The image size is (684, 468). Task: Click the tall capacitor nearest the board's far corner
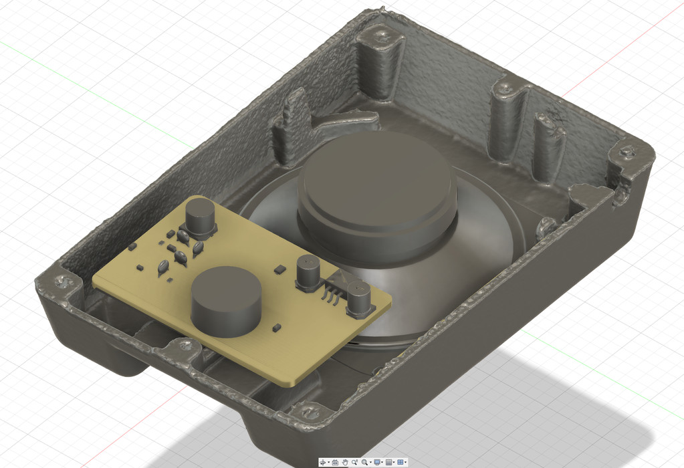200,217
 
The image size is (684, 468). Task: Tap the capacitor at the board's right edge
359,299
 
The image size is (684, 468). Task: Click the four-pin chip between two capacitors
333,287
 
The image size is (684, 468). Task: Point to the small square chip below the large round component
275,328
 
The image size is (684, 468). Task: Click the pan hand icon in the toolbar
344,462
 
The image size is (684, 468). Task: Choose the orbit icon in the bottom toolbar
324,462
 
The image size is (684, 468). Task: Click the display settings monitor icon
378,462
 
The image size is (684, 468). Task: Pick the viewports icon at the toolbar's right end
401,462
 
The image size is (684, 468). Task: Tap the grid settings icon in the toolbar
389,462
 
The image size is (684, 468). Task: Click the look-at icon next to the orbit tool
335,462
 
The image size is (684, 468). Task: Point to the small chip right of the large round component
279,269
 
